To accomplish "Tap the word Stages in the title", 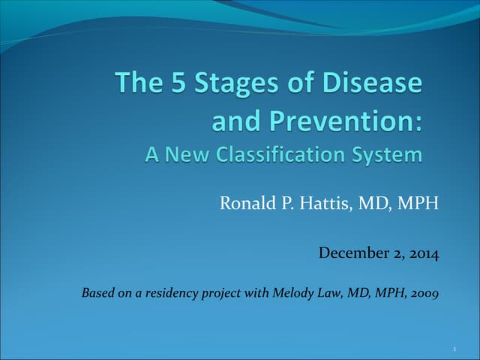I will click(x=228, y=83).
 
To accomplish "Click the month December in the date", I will click(x=352, y=253).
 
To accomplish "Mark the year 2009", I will click(x=424, y=292).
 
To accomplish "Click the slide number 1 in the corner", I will click(x=456, y=349).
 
